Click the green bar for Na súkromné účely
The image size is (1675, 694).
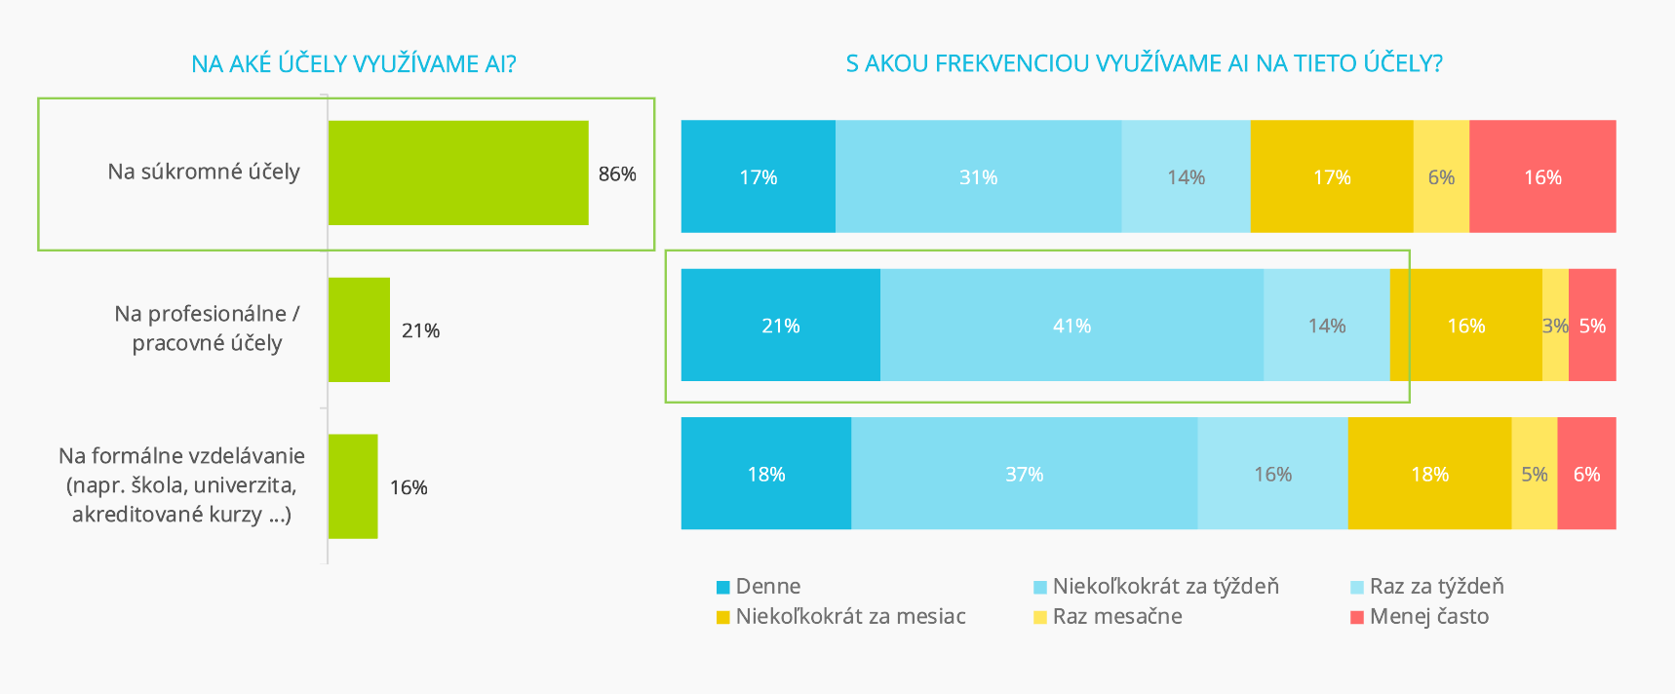[458, 173]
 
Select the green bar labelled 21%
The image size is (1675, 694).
[359, 329]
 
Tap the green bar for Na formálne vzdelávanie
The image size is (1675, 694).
[353, 486]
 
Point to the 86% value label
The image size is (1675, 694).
[617, 174]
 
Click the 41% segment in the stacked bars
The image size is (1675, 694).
[1071, 326]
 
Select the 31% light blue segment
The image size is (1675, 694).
[978, 177]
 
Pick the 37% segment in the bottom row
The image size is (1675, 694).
[1024, 475]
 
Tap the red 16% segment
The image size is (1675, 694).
[1542, 177]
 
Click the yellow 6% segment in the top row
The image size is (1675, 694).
[1441, 177]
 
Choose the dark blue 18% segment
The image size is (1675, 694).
[766, 475]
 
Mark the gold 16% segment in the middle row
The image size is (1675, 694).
[1466, 326]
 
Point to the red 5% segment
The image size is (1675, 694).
[1592, 326]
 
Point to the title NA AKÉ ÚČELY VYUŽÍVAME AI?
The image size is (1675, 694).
[354, 64]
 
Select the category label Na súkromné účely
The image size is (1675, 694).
[204, 172]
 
